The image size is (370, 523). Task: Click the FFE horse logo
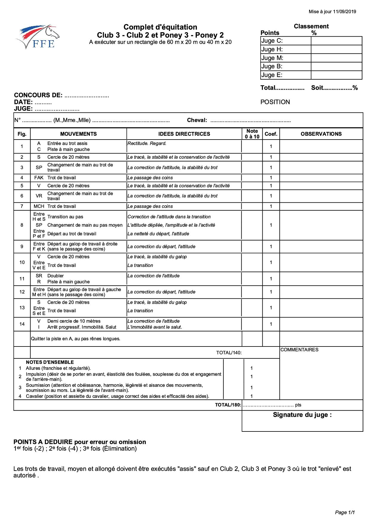click(x=38, y=37)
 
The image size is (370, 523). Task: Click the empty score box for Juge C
click(x=336, y=41)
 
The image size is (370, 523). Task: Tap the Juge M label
click(x=272, y=58)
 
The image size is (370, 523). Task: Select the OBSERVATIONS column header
click(x=321, y=134)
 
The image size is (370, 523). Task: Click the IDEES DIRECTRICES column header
click(x=184, y=134)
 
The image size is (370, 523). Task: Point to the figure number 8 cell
click(x=22, y=225)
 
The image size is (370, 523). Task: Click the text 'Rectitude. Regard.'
click(x=147, y=143)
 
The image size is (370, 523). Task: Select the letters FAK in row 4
click(x=39, y=178)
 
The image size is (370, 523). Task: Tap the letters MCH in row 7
click(x=39, y=206)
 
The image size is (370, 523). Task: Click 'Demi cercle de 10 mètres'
click(x=74, y=321)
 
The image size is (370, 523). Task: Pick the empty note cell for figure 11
click(x=252, y=279)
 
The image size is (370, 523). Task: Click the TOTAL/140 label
click(x=229, y=353)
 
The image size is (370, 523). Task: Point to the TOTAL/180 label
click(x=228, y=405)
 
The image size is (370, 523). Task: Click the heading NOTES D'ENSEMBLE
click(x=50, y=362)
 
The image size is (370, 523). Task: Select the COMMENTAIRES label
click(x=299, y=350)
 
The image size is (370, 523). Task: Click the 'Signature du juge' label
click(x=302, y=415)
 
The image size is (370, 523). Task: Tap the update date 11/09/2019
click(x=344, y=12)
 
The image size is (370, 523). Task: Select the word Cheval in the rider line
click(x=197, y=120)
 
